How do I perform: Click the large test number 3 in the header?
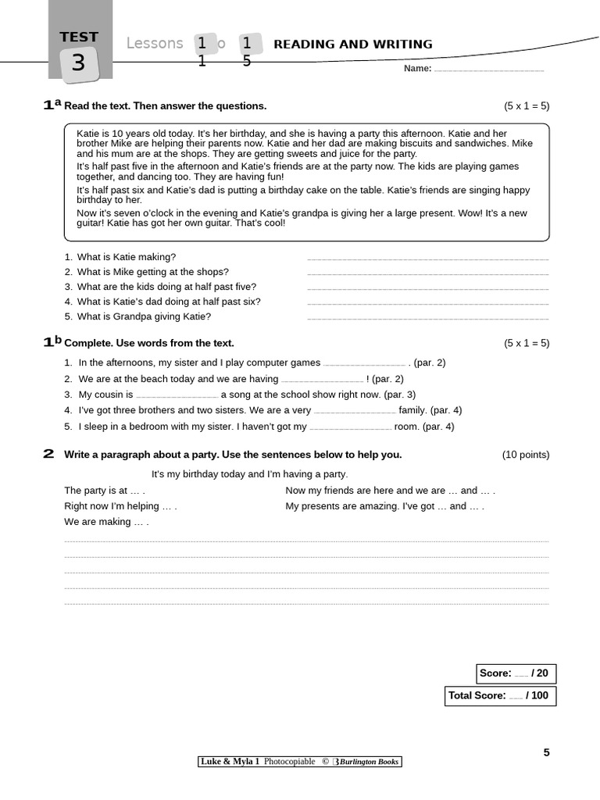tap(78, 62)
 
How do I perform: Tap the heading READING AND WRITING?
tap(352, 45)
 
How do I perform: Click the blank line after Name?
tap(488, 70)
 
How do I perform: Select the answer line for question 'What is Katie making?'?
tap(427, 258)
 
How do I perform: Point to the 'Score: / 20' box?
tap(516, 673)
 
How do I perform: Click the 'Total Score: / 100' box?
tap(500, 695)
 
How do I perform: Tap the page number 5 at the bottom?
tap(547, 752)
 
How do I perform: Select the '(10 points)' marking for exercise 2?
tap(525, 455)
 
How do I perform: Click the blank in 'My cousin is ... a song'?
tap(177, 396)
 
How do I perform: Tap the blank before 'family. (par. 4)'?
tap(355, 412)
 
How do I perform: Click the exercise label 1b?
tap(52, 341)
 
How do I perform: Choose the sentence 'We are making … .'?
tap(106, 522)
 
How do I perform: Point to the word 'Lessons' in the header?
tap(155, 44)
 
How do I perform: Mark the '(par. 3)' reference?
tap(398, 395)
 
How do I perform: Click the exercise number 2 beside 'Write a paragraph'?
tap(48, 454)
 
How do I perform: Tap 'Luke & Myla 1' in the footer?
tap(230, 762)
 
